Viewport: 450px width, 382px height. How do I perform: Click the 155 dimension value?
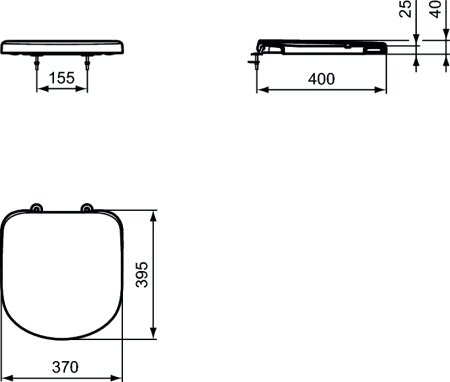[63, 75]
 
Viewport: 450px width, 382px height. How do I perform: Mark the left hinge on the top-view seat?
[36, 209]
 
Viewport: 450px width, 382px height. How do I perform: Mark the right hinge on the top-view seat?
[87, 209]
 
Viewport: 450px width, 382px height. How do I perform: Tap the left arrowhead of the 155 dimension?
[41, 88]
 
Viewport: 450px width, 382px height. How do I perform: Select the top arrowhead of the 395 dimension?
[154, 214]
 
